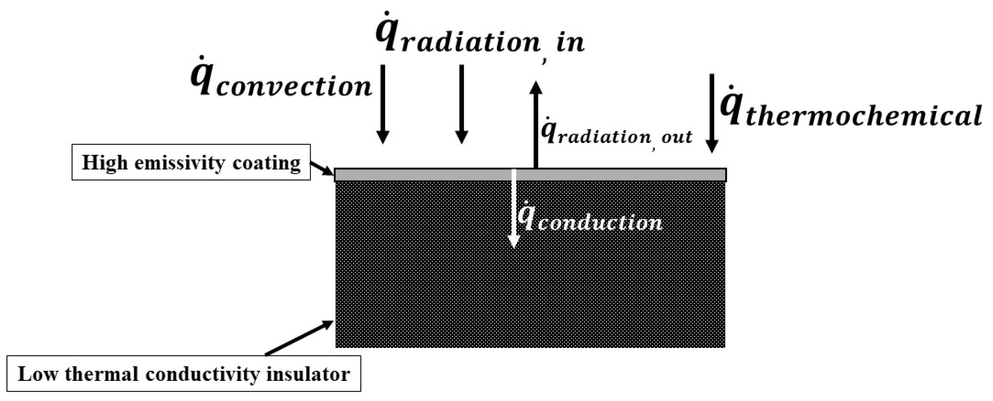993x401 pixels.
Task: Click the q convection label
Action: tap(281, 83)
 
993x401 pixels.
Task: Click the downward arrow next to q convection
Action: tap(383, 104)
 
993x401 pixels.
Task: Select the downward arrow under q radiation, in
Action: tap(461, 104)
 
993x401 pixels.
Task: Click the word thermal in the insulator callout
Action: tap(101, 374)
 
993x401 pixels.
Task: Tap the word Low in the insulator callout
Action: tap(38, 374)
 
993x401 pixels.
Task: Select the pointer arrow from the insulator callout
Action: tap(299, 338)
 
